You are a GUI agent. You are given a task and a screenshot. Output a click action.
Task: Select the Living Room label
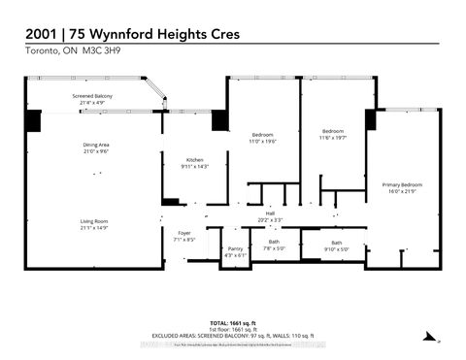(x=94, y=221)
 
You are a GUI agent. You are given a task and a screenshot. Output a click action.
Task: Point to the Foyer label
(x=184, y=233)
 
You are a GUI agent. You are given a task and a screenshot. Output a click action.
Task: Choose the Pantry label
(x=235, y=249)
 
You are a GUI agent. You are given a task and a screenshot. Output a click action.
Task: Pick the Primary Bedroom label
(x=402, y=182)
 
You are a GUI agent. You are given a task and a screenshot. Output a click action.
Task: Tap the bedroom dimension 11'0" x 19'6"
(x=262, y=140)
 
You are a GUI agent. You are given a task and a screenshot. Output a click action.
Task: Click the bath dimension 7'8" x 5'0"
(x=274, y=246)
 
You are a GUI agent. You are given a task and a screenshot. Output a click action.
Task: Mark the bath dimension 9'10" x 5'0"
(x=337, y=248)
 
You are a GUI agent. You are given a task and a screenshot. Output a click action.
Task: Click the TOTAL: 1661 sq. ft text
(x=232, y=321)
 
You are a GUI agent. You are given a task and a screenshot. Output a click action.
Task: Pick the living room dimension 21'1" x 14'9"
(x=94, y=228)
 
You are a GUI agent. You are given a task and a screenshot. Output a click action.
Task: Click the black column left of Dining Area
(x=34, y=123)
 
